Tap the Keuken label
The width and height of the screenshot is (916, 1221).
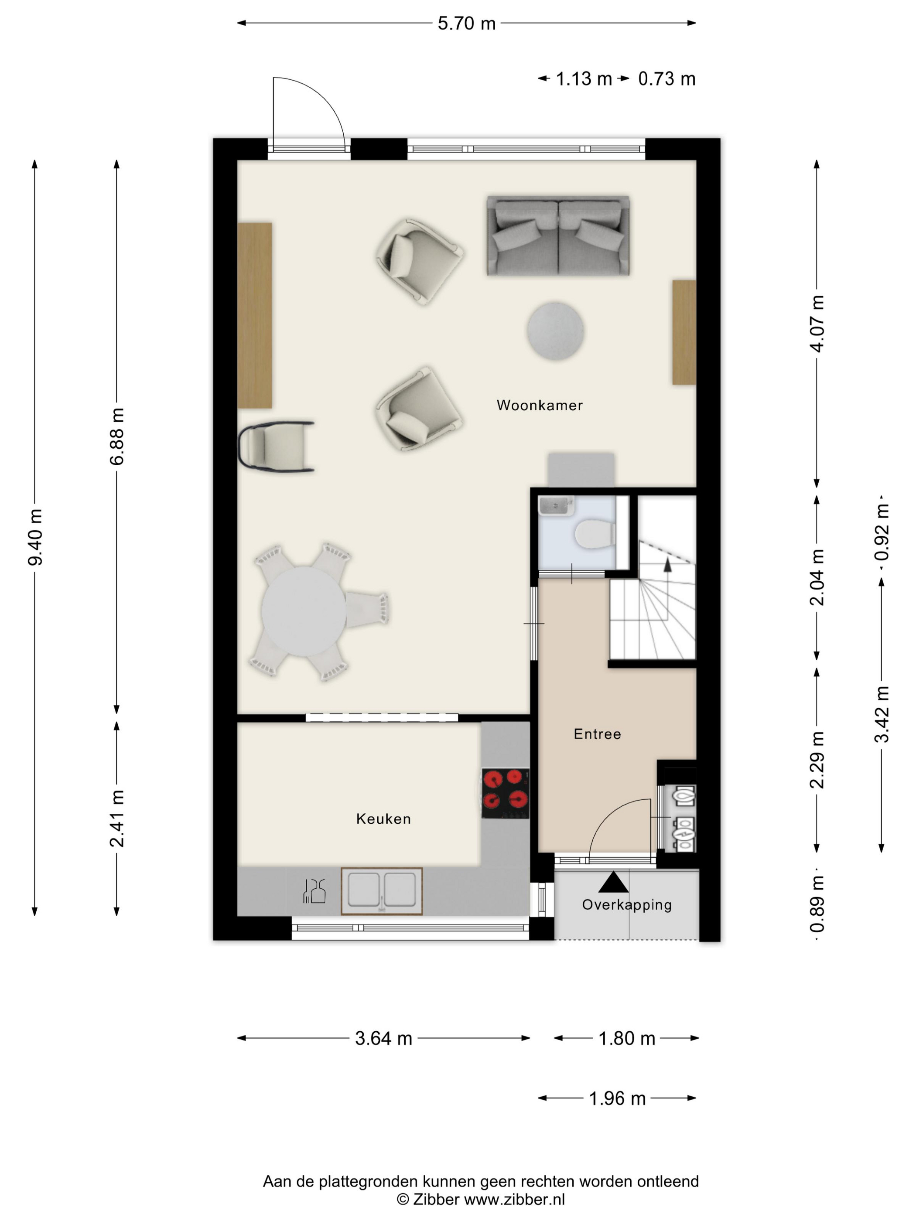click(x=383, y=819)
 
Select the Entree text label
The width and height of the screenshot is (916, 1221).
click(x=597, y=733)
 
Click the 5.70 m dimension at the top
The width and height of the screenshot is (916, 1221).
click(x=467, y=23)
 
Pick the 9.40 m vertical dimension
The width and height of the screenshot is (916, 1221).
click(x=35, y=537)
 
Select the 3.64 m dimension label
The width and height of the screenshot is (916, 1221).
click(x=383, y=1038)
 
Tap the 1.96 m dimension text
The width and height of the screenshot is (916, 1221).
click(x=617, y=1098)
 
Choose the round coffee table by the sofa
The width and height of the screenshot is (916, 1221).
click(x=555, y=331)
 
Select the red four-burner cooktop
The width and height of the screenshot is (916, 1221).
click(x=505, y=793)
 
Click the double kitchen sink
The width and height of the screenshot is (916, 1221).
click(x=382, y=891)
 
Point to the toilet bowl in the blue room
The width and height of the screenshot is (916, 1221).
click(x=595, y=534)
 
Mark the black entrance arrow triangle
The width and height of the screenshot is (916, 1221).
click(x=613, y=882)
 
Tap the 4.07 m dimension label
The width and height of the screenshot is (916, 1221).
click(x=817, y=324)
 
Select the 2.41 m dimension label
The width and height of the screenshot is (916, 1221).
click(x=117, y=819)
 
